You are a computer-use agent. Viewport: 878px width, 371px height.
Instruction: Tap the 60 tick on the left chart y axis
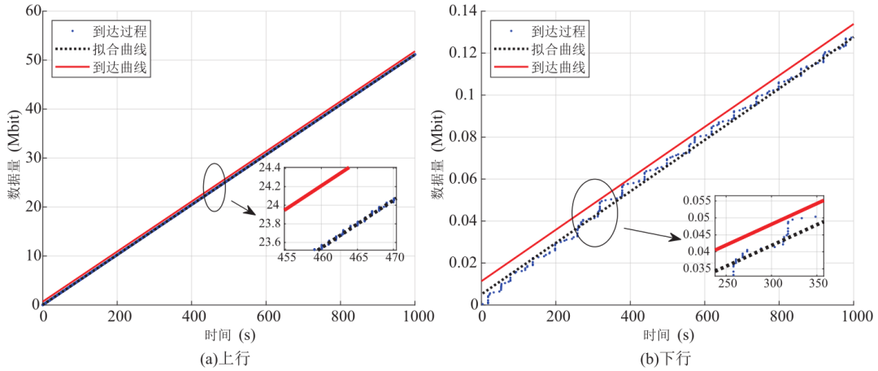coord(30,11)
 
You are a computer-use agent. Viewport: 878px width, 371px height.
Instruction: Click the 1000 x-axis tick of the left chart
coord(415,315)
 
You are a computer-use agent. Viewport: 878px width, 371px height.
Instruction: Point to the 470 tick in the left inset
coord(393,258)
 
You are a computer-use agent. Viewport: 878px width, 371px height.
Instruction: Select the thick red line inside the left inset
coord(317,188)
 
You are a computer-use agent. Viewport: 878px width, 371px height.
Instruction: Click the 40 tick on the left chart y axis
coord(30,109)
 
